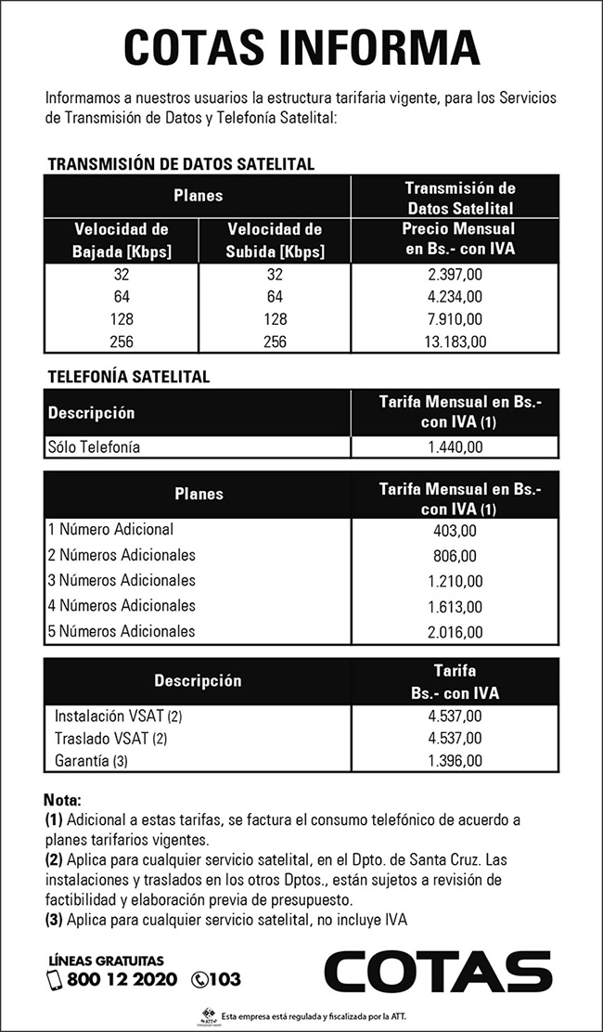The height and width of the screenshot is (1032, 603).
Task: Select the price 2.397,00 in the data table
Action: [455, 276]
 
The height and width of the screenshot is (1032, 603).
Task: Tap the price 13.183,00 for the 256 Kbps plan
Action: [455, 342]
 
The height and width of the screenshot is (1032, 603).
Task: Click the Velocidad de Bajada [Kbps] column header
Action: [121, 239]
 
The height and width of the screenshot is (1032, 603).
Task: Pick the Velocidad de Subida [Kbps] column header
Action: [275, 239]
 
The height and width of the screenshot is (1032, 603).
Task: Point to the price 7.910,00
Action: [455, 319]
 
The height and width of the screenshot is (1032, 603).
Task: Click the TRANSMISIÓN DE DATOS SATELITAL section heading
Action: [181, 164]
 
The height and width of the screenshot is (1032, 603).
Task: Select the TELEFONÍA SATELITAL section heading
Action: [128, 377]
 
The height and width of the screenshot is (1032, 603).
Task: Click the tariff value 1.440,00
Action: [455, 447]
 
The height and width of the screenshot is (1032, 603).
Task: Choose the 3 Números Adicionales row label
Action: [122, 581]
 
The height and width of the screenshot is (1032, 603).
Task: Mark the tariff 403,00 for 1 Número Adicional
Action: [455, 531]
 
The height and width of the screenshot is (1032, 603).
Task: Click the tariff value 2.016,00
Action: [455, 632]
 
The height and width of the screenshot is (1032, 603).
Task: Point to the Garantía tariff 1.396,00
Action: [455, 760]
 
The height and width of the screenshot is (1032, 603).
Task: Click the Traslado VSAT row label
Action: [105, 739]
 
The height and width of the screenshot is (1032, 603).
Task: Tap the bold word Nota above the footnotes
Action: [63, 800]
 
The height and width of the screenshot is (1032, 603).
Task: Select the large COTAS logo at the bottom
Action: [437, 972]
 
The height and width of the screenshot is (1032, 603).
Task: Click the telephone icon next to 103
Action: [199, 979]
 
